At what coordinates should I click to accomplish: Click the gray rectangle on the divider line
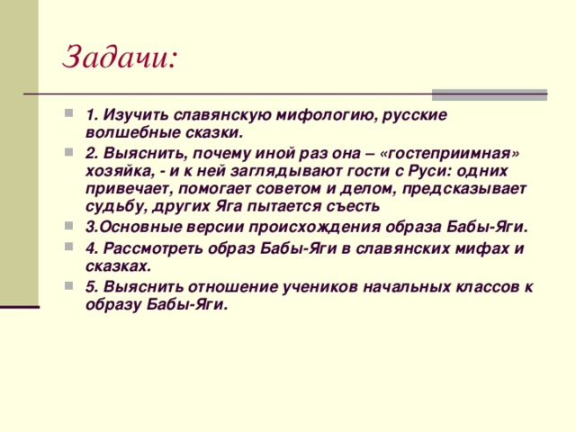coord(490,94)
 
